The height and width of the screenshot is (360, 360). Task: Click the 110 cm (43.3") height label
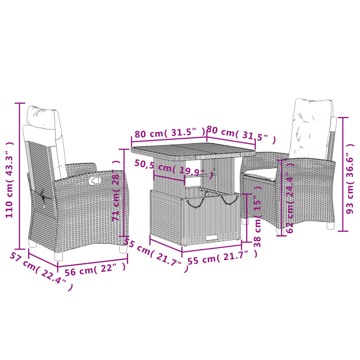click(x=10, y=180)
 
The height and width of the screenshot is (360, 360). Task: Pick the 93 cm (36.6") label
click(x=350, y=178)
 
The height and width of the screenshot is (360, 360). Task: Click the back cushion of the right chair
click(x=311, y=128)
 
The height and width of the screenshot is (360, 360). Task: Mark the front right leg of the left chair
click(x=123, y=249)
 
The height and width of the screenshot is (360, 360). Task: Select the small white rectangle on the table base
click(x=211, y=238)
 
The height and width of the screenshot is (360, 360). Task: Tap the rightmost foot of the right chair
click(x=330, y=226)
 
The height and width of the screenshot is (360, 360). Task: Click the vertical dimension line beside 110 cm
click(x=20, y=176)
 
